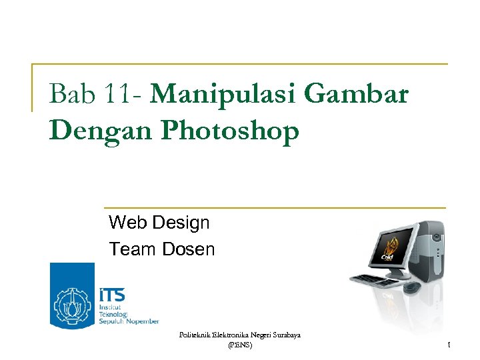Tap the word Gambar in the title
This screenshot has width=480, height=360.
tap(355, 95)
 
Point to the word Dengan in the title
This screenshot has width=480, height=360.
tap(101, 131)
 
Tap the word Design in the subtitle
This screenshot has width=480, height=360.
tap(181, 222)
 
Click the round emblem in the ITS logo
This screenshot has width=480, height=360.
tap(73, 306)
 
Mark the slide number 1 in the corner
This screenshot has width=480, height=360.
tap(449, 345)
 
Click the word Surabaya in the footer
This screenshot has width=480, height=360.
tap(285, 335)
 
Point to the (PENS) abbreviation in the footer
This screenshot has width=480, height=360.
tap(240, 345)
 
